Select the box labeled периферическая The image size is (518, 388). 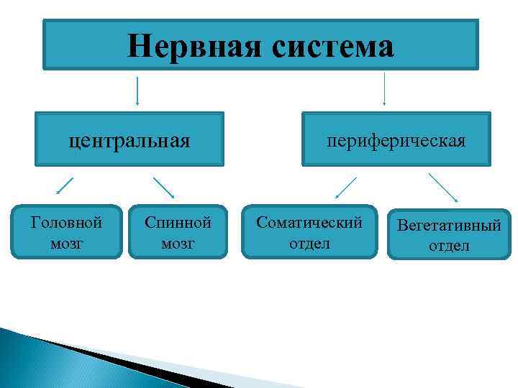(x=396, y=139)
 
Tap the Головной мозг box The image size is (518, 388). (x=67, y=232)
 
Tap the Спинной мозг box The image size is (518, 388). (x=178, y=232)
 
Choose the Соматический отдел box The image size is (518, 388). (x=309, y=232)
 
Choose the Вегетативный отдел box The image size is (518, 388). (x=449, y=235)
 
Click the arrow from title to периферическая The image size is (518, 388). (x=384, y=88)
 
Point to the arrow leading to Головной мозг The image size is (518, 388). (x=65, y=185)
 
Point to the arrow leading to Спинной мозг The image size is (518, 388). (x=164, y=188)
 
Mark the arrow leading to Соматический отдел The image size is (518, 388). (x=347, y=188)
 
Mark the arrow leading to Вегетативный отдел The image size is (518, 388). (x=444, y=188)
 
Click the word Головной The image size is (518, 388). (x=67, y=223)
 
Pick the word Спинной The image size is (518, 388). (x=178, y=223)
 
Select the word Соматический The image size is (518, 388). (x=309, y=223)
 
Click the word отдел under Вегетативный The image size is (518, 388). (x=449, y=246)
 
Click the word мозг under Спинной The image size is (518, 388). (x=178, y=243)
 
